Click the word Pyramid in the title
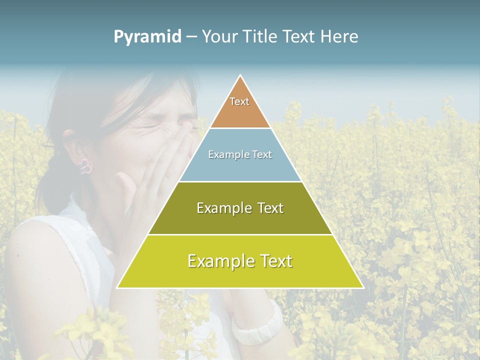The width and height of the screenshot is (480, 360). (147, 37)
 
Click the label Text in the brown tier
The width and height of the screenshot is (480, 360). (239, 101)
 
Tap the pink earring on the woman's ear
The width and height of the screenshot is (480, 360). (85, 166)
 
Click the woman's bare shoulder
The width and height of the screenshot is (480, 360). (40, 250)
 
